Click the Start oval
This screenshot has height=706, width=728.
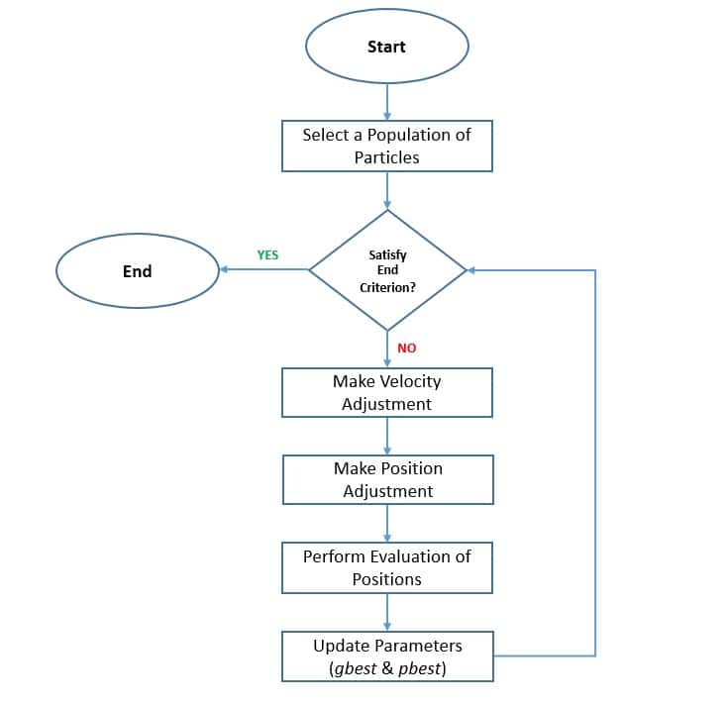[x=386, y=47]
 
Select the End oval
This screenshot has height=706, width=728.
[x=137, y=270]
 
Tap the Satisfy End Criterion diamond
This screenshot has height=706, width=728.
[x=387, y=269]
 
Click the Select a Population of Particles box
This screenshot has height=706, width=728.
[x=386, y=146]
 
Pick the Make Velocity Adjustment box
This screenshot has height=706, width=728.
[x=386, y=392]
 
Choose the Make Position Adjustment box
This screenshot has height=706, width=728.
[x=386, y=479]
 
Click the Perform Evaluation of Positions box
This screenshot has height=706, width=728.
[x=386, y=567]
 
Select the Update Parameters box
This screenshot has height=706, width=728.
[x=386, y=656]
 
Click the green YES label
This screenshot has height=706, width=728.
[x=267, y=254]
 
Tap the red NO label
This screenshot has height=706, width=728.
[x=407, y=349]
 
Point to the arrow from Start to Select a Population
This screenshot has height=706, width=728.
[x=387, y=101]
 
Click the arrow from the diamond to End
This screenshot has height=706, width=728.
[x=263, y=269]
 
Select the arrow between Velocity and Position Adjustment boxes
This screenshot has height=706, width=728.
[x=387, y=436]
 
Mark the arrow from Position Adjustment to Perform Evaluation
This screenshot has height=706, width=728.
[x=387, y=523]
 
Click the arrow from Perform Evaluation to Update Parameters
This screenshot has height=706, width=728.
[x=387, y=612]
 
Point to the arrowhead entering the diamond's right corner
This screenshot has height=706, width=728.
[x=472, y=269]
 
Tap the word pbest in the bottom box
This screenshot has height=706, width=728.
[x=420, y=668]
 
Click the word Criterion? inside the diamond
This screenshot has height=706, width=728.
[x=387, y=287]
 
